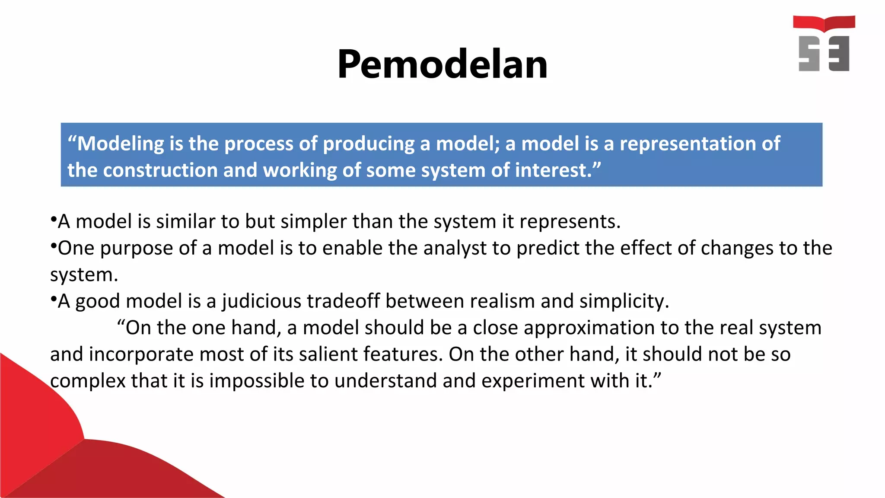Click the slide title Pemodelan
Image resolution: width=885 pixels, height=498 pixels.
point(442,64)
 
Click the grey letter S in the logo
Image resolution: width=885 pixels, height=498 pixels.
point(809,54)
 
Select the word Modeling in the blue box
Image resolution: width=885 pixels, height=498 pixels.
point(121,144)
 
